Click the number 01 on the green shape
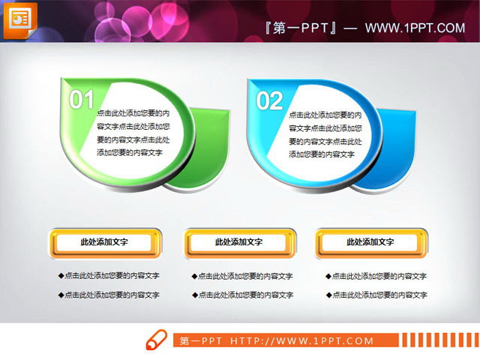coord(82,100)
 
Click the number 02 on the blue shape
coord(269,100)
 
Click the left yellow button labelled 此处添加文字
coord(104,242)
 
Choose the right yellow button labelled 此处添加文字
coord(370,242)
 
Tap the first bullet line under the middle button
coord(242,275)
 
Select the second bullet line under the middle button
coord(242,295)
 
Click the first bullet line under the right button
coord(376,275)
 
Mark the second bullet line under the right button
coord(376,295)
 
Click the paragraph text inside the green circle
coord(133,133)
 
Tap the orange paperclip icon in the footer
coord(156,340)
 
